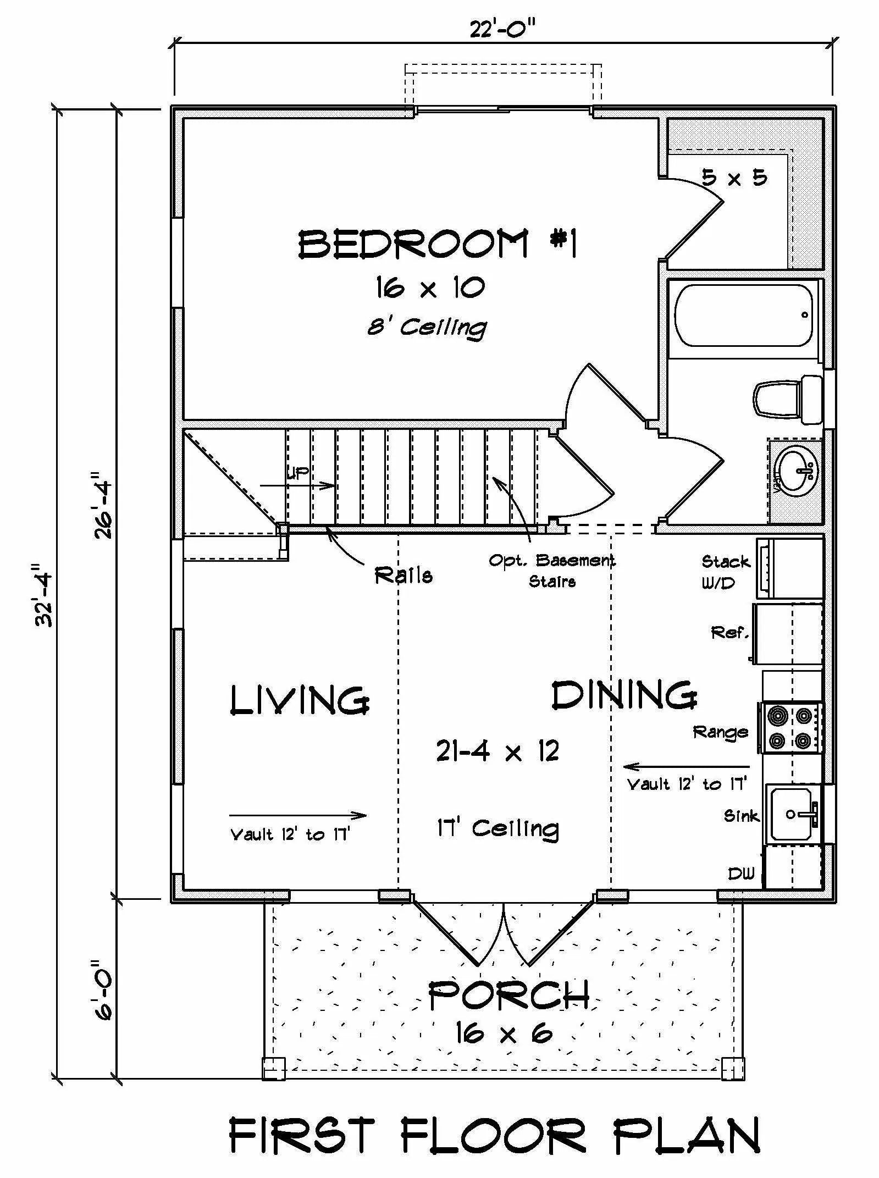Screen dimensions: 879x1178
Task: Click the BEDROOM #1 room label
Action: click(438, 244)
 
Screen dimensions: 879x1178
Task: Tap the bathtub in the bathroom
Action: click(744, 315)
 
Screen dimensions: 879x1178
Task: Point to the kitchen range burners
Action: click(790, 727)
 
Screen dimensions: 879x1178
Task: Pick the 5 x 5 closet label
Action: click(734, 178)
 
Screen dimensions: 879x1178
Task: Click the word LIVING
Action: click(299, 700)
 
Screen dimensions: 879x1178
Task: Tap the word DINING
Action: click(624, 695)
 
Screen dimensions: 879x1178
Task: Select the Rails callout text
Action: click(403, 575)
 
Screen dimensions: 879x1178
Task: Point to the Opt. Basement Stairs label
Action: click(552, 571)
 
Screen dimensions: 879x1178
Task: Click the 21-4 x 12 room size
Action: click(497, 751)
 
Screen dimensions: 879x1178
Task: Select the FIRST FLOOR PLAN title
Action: click(495, 1135)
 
